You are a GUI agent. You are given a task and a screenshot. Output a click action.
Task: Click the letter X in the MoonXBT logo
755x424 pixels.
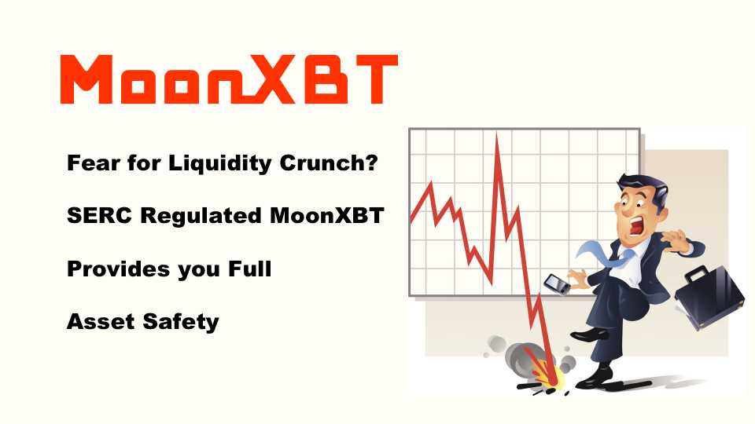[x=265, y=79]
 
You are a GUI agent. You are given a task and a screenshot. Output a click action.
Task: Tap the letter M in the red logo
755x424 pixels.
[x=87, y=79]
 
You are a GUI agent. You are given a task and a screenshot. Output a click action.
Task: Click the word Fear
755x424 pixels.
[x=94, y=163]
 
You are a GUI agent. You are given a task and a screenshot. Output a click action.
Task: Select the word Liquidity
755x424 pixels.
[x=220, y=164]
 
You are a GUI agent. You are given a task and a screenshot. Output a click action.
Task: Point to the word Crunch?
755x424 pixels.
[x=329, y=163]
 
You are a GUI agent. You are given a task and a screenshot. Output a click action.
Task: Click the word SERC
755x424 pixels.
[x=99, y=215]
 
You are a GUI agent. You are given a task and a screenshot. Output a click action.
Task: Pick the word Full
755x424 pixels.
[x=250, y=269]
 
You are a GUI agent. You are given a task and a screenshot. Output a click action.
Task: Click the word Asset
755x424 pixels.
[x=101, y=322]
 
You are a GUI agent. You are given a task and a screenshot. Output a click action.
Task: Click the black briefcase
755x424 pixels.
[x=709, y=297]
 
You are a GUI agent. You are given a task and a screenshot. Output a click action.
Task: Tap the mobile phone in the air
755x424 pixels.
[x=557, y=284]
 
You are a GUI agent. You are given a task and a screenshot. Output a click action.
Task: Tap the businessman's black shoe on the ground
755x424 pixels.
[x=595, y=378]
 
